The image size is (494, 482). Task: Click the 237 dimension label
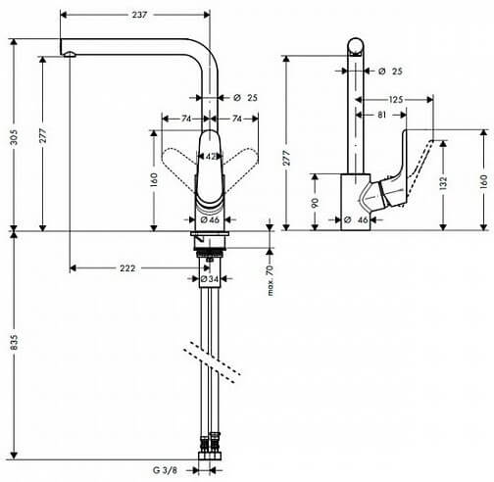pos(139,15)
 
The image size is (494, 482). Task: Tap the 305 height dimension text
pos(14,137)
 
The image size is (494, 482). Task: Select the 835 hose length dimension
pos(14,343)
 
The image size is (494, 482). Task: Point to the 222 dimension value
pos(127,268)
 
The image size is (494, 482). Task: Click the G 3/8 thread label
pos(165,470)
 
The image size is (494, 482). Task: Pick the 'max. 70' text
pos(270,280)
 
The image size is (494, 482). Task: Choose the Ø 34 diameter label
pos(210,279)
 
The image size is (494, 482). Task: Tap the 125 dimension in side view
pos(396,99)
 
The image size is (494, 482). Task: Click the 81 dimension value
pos(381,115)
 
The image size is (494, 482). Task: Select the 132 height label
pos(443,183)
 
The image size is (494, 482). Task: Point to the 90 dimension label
pos(315,203)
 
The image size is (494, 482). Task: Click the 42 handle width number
pos(211,157)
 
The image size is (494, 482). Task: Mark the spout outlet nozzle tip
pos(70,54)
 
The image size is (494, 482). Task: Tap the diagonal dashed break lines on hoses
pos(212,362)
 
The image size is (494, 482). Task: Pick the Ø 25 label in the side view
pos(391,71)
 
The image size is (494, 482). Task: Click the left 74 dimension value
pos(186,119)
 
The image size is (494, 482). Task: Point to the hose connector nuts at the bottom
pos(210,447)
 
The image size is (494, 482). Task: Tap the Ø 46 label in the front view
pos(210,219)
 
